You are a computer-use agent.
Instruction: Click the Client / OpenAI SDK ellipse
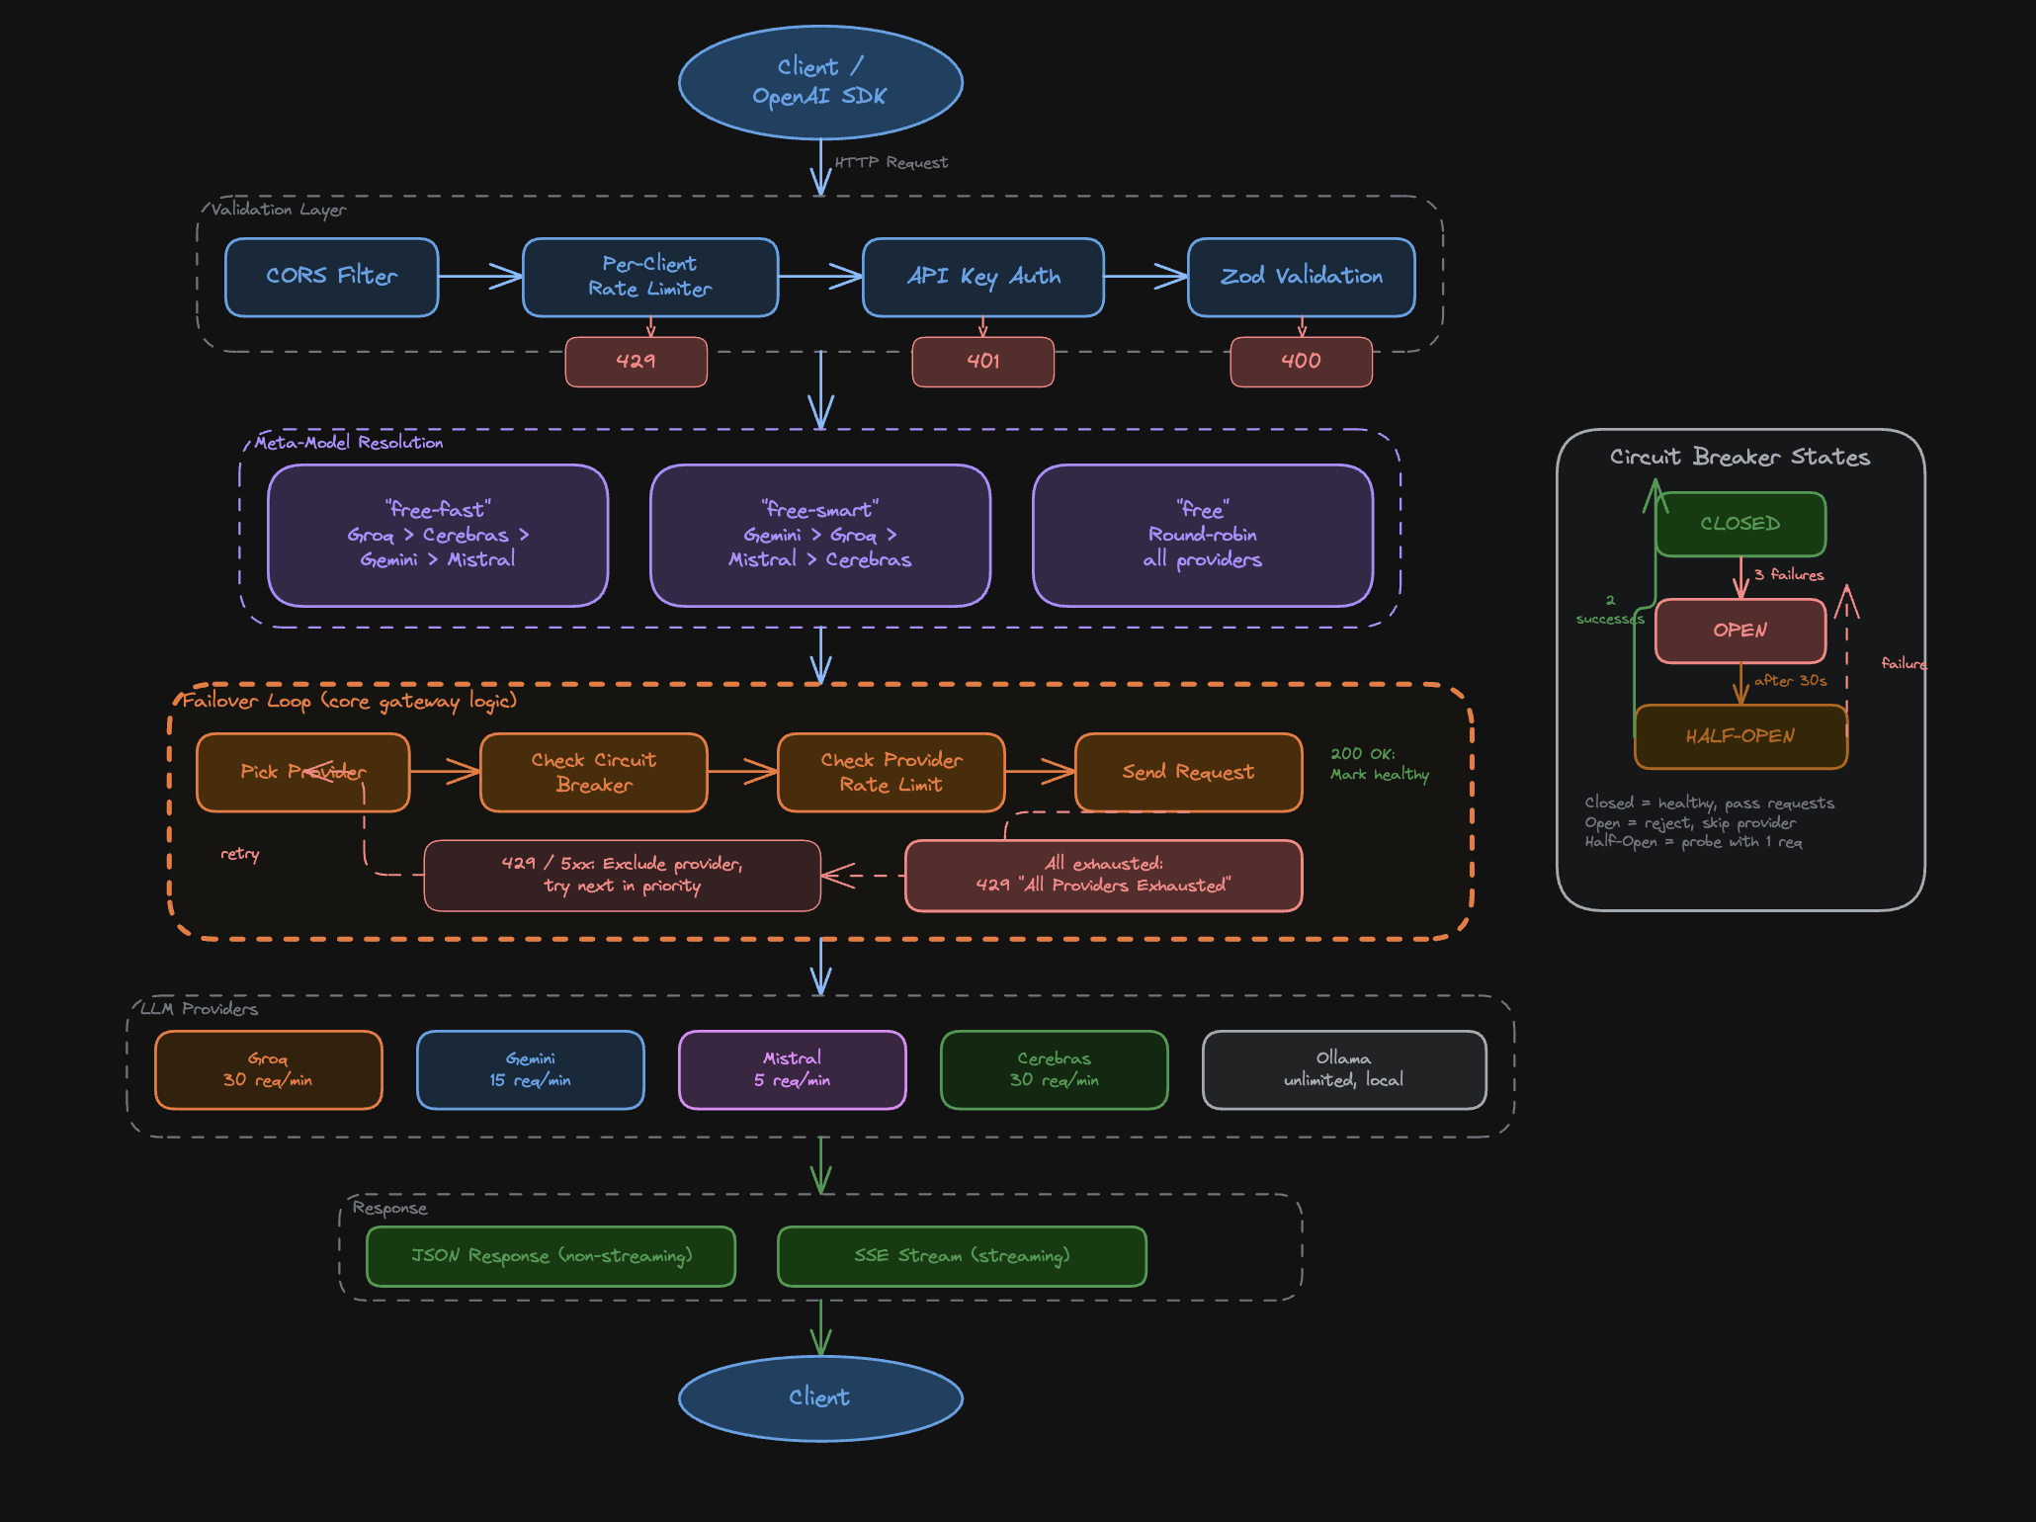820,82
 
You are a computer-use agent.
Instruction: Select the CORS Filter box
331,277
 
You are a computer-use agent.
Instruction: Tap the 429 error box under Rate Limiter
636,362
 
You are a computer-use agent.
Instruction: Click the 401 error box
982,362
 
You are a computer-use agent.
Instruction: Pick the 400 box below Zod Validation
1301,362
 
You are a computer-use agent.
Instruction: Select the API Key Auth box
982,277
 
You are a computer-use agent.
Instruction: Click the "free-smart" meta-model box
819,535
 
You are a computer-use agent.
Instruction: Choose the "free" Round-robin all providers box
1202,535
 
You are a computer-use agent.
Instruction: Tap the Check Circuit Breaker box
593,772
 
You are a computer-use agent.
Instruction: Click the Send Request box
1188,772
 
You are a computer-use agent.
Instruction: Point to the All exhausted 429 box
1103,875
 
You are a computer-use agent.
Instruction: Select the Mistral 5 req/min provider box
792,1069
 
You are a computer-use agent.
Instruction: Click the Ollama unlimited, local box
1343,1069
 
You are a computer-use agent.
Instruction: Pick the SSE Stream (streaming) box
962,1256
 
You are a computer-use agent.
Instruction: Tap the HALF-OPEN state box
1739,736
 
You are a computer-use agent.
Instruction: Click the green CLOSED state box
1739,524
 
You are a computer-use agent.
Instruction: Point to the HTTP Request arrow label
891,163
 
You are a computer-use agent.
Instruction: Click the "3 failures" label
1788,575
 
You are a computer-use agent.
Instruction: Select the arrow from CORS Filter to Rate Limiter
479,277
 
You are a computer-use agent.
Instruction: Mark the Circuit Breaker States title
1739,457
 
